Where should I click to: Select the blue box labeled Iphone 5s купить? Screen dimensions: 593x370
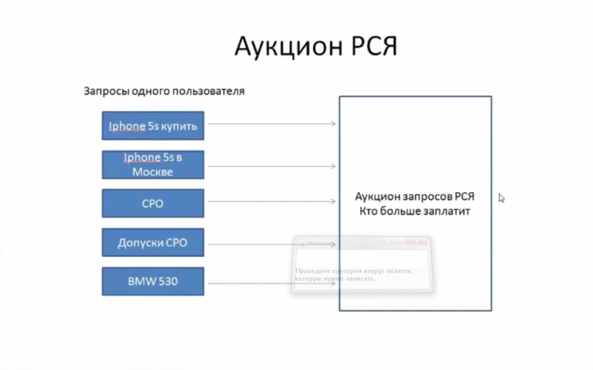[x=153, y=125]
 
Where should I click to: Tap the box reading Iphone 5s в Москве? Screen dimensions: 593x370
[x=153, y=165]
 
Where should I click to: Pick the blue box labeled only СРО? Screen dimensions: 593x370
[x=153, y=203]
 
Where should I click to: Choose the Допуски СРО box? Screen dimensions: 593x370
[x=153, y=243]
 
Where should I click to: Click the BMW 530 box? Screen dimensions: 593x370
[x=153, y=281]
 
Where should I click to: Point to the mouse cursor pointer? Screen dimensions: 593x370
[x=501, y=197]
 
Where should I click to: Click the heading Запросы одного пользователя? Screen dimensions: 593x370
[x=164, y=91]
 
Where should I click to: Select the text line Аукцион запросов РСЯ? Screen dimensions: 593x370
[x=414, y=197]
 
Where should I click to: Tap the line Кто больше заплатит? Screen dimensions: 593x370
[x=414, y=211]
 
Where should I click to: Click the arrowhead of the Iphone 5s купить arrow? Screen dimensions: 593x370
[x=333, y=124]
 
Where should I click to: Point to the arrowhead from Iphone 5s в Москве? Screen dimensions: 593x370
[x=333, y=166]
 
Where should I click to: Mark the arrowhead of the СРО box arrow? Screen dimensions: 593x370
[x=333, y=202]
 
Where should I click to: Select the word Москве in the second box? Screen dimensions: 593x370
[x=153, y=171]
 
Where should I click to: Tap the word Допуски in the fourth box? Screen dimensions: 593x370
[x=137, y=243]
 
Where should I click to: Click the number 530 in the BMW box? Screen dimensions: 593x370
[x=168, y=281]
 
